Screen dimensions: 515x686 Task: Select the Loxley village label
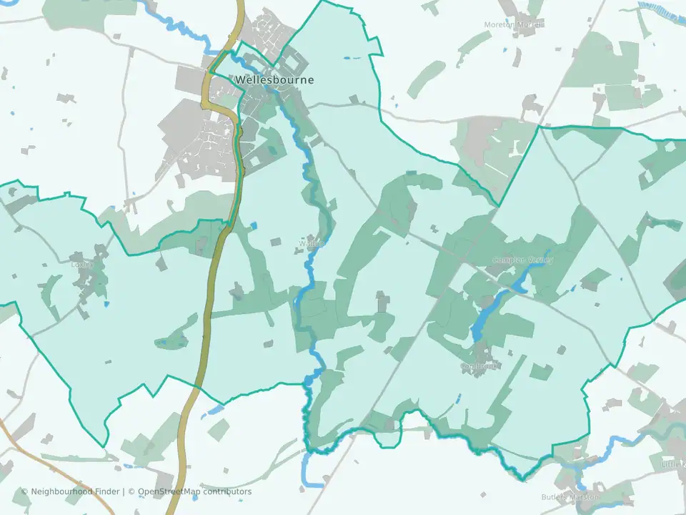82,263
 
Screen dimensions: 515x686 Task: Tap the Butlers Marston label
570,496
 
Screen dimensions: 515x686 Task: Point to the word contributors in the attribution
227,491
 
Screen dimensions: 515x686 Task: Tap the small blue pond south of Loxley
106,305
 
